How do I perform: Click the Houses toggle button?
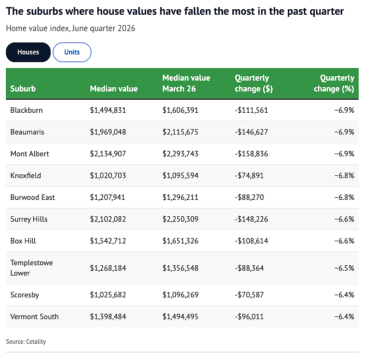(28, 52)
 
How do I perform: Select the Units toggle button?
(72, 52)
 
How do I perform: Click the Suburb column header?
(23, 89)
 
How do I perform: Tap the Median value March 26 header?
(186, 83)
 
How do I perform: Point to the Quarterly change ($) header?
(254, 83)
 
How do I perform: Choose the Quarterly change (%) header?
(334, 83)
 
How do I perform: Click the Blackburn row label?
(27, 111)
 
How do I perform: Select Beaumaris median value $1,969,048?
(108, 132)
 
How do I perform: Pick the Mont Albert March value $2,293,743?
(180, 154)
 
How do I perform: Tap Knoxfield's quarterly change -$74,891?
(249, 175)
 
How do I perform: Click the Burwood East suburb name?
(33, 197)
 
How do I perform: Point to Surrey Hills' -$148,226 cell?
(251, 219)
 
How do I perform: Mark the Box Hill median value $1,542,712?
(108, 241)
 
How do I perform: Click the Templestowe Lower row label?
(32, 268)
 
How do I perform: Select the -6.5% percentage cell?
(344, 268)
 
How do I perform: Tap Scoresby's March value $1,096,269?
(180, 295)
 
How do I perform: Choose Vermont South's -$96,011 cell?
(249, 316)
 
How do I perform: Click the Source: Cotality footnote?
(26, 341)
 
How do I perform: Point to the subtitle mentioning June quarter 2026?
(71, 28)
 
